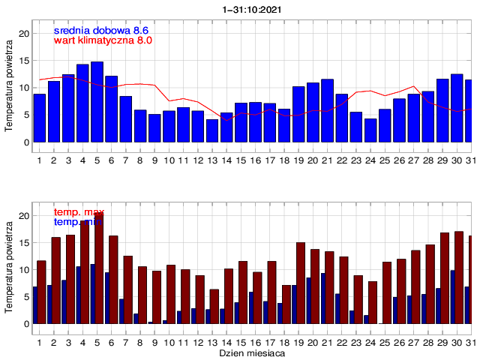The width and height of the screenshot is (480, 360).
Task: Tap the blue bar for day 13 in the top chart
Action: point(212,130)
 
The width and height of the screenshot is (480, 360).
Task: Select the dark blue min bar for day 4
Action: point(78,295)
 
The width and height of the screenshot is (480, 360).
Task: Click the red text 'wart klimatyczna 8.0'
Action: point(103,40)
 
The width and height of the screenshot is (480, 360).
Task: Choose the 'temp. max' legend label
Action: point(79,213)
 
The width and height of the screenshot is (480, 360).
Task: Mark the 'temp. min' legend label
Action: point(78,223)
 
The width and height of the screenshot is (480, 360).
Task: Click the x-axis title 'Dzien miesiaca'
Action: point(252,352)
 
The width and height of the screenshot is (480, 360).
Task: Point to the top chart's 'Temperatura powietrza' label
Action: point(8,82)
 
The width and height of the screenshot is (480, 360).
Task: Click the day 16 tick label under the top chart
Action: point(255,160)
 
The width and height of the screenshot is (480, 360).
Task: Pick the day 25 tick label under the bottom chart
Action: point(385,341)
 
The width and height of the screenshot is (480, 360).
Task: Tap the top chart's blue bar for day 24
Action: point(370,130)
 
